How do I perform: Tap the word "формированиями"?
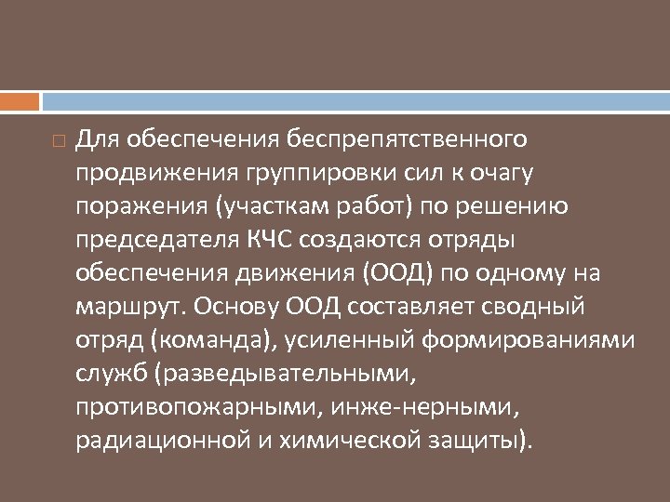click(529, 339)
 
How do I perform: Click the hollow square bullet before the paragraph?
click(58, 142)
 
